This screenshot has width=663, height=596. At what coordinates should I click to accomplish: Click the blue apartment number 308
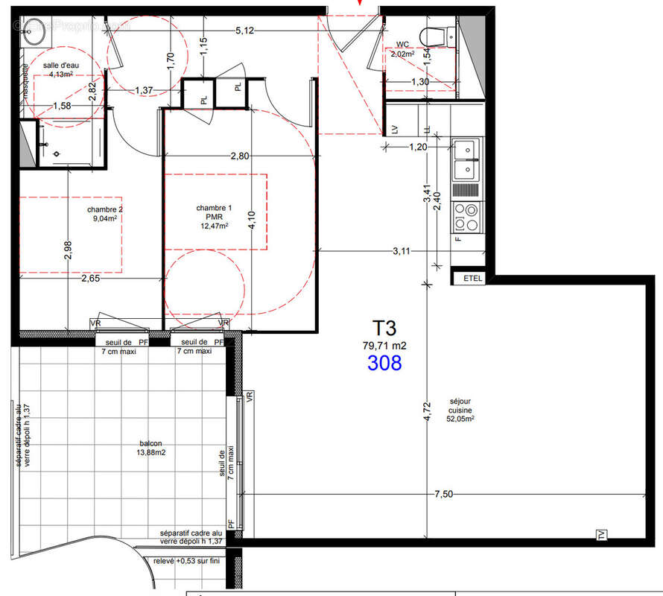tap(384, 363)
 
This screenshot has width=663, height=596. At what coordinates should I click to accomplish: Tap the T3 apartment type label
tap(385, 327)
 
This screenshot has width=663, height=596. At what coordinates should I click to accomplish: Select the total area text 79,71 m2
tap(385, 345)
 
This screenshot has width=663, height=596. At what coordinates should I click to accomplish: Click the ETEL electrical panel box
tap(472, 279)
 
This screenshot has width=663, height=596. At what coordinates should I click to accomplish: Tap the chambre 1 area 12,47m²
tap(213, 226)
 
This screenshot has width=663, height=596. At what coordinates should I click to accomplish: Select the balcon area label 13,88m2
tap(150, 452)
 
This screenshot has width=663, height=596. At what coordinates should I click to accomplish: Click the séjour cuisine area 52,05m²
tap(461, 419)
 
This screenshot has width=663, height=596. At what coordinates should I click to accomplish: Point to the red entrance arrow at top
tap(360, 3)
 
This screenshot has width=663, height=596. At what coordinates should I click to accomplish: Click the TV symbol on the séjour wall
tap(600, 534)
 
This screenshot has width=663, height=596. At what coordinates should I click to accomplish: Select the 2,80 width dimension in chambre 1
tap(239, 156)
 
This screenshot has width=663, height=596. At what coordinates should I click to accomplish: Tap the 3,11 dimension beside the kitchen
tap(401, 251)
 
